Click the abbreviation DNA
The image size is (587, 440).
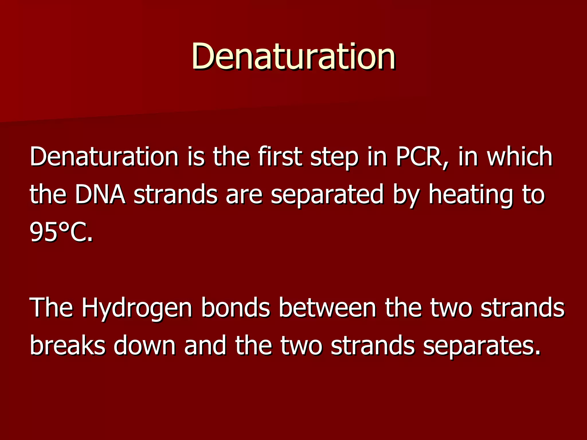100,195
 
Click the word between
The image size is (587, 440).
327,307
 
